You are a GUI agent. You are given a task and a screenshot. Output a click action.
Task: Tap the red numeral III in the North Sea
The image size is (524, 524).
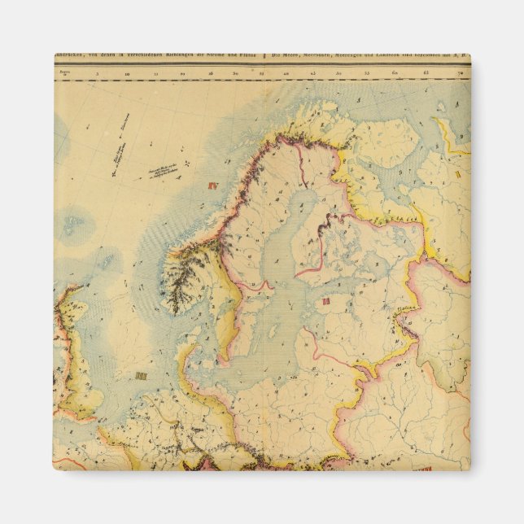point(142,376)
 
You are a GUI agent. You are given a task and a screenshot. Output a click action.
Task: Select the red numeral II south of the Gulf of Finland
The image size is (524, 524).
point(325,301)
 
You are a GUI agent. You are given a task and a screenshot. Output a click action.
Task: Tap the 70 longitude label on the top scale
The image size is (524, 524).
point(461,73)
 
